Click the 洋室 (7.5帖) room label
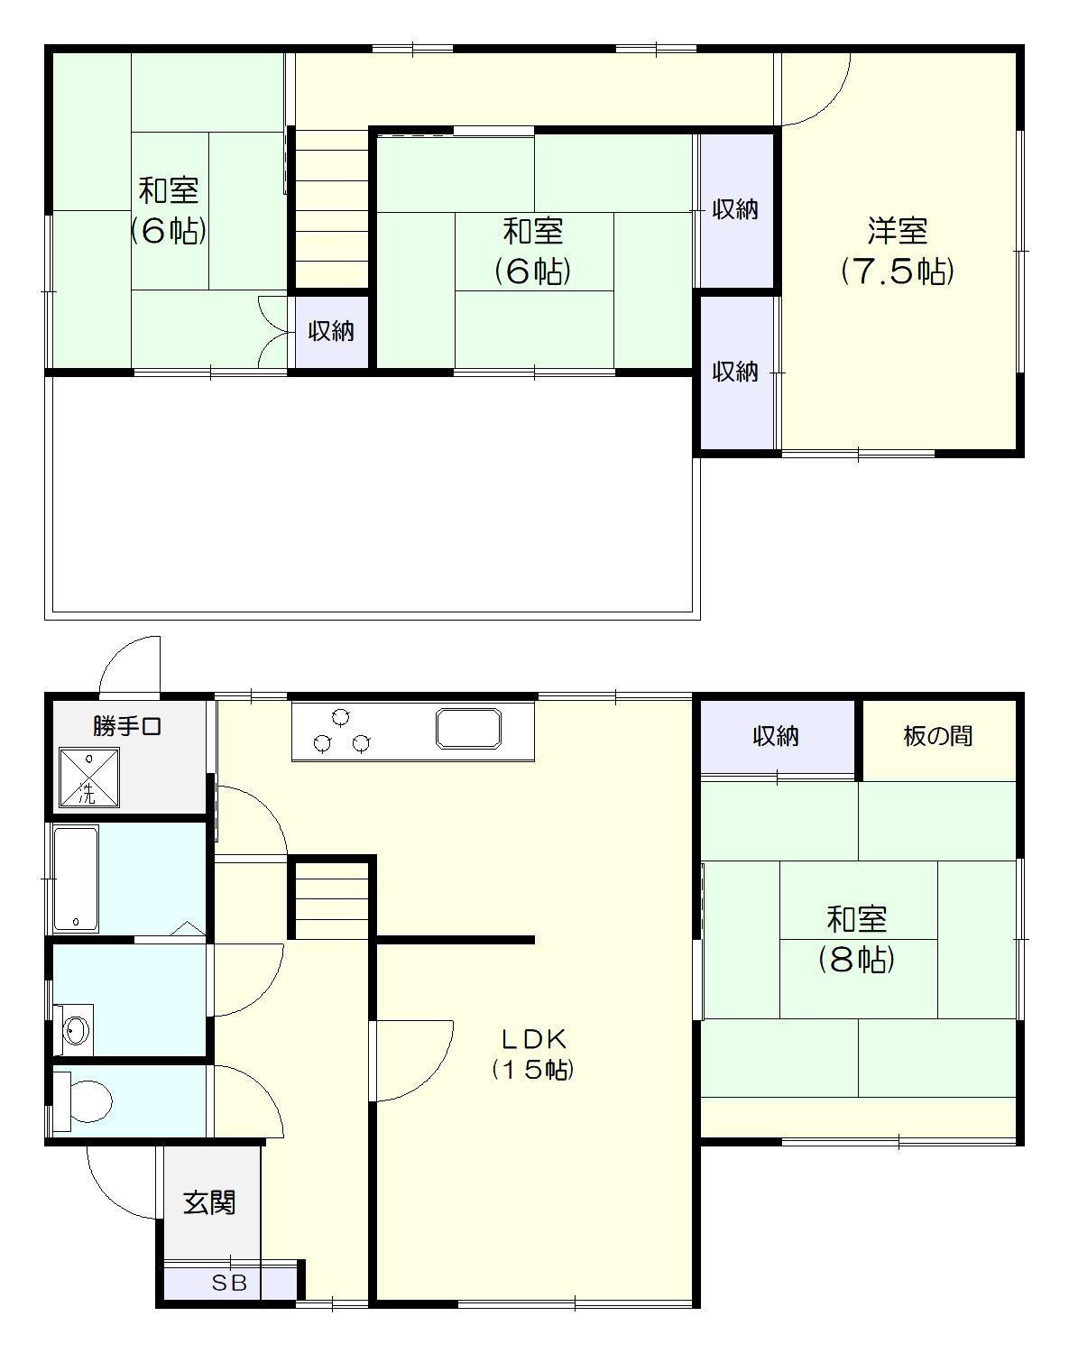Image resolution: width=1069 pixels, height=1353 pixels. click(898, 251)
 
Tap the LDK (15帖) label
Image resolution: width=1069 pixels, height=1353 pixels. click(533, 1053)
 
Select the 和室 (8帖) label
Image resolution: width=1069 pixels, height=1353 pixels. click(856, 939)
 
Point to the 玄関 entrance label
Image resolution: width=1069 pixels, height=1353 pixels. click(209, 1202)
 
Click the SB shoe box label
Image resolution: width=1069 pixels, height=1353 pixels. click(229, 1283)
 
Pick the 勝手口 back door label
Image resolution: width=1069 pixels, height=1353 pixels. click(127, 725)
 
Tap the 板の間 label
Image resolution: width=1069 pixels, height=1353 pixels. click(938, 736)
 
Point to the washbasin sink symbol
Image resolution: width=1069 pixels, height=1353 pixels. click(76, 1029)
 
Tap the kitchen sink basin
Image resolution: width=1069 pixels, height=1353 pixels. click(468, 728)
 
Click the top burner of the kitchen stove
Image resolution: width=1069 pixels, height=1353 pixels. click(340, 717)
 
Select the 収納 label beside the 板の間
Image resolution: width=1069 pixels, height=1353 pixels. click(776, 736)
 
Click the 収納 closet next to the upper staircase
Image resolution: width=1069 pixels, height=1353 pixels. click(331, 331)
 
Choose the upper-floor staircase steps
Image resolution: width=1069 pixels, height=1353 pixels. click(331, 207)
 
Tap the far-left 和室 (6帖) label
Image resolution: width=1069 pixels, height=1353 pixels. click(169, 210)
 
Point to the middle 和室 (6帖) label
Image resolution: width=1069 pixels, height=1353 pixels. click(533, 251)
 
